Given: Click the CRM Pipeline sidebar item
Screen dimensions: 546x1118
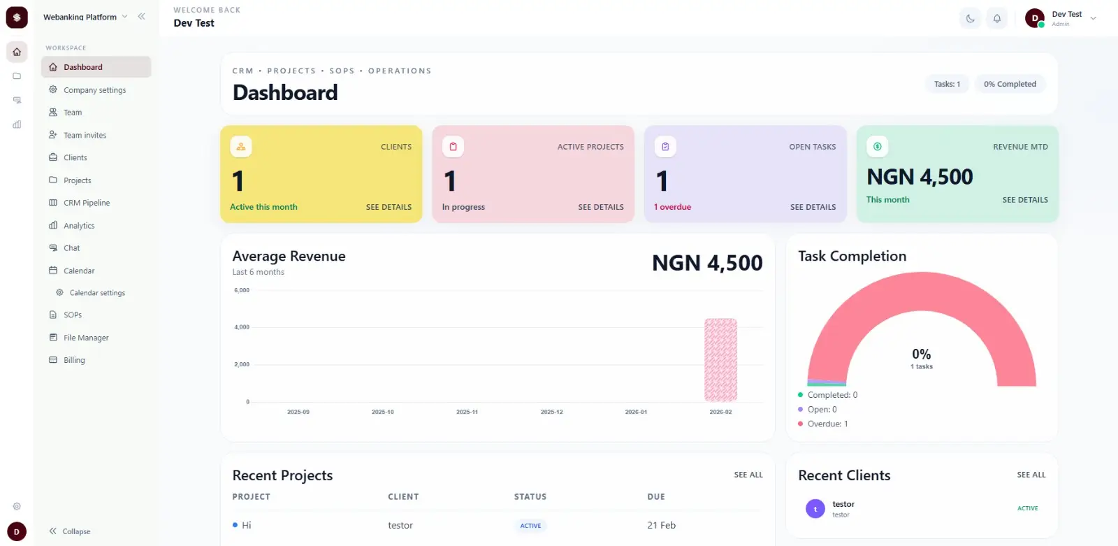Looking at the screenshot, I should [x=87, y=203].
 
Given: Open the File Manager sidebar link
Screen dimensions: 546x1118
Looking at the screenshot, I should [x=86, y=338].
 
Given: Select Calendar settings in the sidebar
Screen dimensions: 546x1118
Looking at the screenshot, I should [x=97, y=293].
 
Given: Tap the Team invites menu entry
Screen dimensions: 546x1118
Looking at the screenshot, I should [x=85, y=135].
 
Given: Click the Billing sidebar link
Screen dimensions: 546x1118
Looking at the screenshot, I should [x=74, y=360].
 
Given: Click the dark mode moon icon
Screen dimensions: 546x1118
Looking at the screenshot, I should [x=970, y=19].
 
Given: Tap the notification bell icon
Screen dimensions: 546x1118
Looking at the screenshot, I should [x=997, y=19].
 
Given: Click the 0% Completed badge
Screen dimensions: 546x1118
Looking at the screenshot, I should [x=1010, y=84].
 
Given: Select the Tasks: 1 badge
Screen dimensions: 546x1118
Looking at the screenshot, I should [x=947, y=84].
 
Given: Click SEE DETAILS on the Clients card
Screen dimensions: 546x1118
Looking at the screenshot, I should [x=389, y=207].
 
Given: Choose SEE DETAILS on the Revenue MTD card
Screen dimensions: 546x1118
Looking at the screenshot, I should [x=1024, y=200].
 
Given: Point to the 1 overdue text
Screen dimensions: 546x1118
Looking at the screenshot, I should [x=672, y=207].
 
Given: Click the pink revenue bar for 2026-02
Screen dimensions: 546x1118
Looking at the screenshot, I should [x=720, y=360].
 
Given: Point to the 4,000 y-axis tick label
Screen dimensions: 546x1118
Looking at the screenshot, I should [x=242, y=327].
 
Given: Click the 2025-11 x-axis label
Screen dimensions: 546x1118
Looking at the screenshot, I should [x=467, y=412].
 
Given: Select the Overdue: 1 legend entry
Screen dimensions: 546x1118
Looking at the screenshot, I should [x=827, y=424].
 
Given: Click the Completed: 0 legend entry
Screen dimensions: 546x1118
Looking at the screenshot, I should [x=832, y=395].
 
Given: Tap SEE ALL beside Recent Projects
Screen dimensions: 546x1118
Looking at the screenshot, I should [x=748, y=475].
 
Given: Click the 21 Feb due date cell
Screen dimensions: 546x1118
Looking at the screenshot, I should [x=661, y=525].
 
